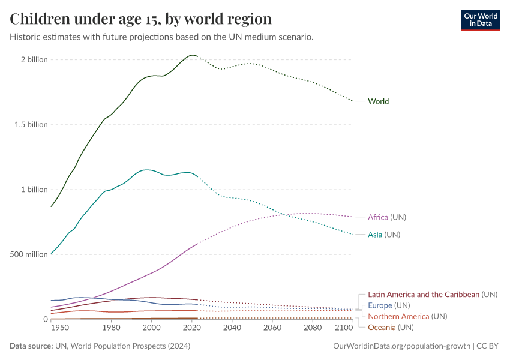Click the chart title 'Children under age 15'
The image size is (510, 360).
tap(140, 19)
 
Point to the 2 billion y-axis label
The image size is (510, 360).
tap(34, 60)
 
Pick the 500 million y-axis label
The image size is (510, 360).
tap(29, 254)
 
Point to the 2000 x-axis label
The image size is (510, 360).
tap(152, 328)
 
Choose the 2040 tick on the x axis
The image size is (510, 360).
tap(232, 328)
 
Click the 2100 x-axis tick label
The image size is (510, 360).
tap(344, 328)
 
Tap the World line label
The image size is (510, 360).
tap(378, 101)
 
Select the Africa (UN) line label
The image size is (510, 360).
tap(391, 217)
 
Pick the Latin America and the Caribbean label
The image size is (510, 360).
tap(432, 295)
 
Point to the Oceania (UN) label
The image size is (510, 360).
tap(391, 327)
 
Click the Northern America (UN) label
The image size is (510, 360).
tap(407, 316)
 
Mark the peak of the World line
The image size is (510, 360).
tap(192, 55)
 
